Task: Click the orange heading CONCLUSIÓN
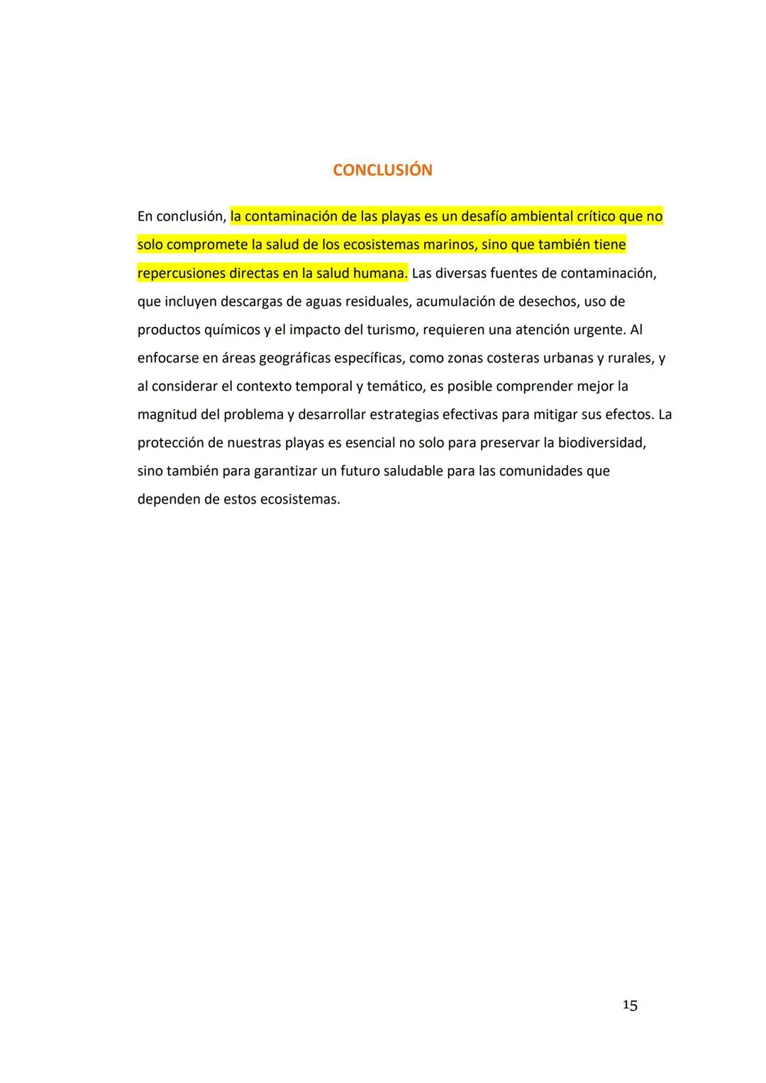pyautogui.click(x=382, y=170)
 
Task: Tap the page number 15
pyautogui.click(x=630, y=1005)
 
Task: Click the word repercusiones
pyautogui.click(x=181, y=273)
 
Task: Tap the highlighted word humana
pyautogui.click(x=379, y=273)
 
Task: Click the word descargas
pyautogui.click(x=251, y=301)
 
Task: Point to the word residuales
pyautogui.click(x=376, y=301)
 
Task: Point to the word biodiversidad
pyautogui.click(x=601, y=443)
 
